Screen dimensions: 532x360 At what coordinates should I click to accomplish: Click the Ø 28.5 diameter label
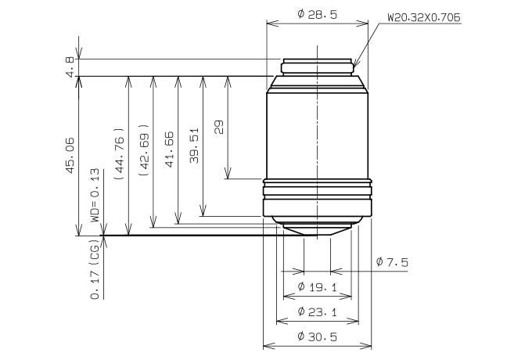click(x=317, y=14)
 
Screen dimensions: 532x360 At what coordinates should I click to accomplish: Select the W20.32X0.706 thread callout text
click(x=424, y=17)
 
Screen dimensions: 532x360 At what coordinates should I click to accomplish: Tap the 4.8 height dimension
click(x=70, y=67)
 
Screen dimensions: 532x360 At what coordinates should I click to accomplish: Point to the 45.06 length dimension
click(x=70, y=155)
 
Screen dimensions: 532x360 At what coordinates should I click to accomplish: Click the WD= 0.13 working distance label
click(x=95, y=195)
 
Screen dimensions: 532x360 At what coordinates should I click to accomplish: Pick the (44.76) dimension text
click(x=119, y=153)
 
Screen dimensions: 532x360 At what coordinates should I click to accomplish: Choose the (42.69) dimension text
click(x=144, y=149)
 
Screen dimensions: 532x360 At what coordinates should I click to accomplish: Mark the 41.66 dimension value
click(x=169, y=149)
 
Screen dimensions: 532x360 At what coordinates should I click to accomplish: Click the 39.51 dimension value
click(x=194, y=146)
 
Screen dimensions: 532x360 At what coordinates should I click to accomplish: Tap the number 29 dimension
click(x=219, y=127)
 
